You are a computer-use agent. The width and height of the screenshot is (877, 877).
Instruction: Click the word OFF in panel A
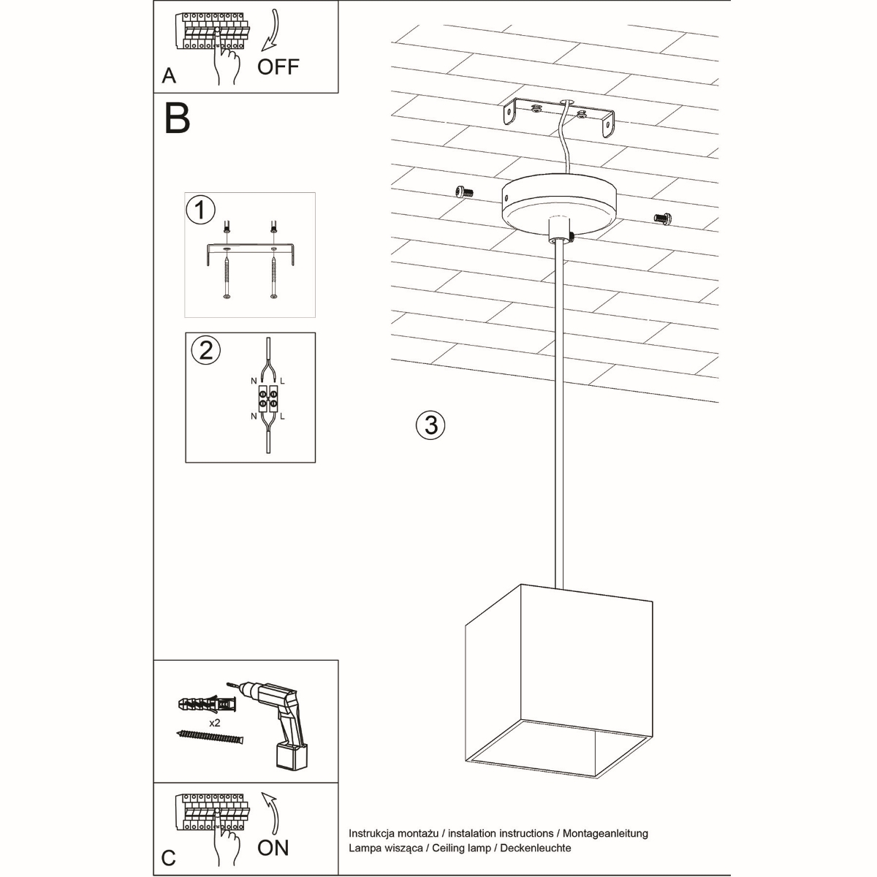[x=278, y=67]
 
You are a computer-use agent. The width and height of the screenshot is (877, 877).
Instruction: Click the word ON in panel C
[x=273, y=848]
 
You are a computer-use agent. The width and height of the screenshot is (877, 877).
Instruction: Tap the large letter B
[x=178, y=118]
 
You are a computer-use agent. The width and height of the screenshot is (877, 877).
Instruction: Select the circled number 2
[x=205, y=350]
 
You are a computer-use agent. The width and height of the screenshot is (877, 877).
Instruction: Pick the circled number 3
[x=430, y=424]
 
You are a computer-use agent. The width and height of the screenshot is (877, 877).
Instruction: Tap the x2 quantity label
[x=215, y=722]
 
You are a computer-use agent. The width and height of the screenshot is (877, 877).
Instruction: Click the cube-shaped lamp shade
[x=559, y=680]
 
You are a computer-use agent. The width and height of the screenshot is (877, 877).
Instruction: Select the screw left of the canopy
[x=461, y=191]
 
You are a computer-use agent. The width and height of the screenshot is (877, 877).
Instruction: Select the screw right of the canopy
[x=662, y=217]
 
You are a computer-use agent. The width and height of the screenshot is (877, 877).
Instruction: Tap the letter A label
[x=169, y=76]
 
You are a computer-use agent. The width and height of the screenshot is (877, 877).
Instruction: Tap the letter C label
[x=169, y=857]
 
